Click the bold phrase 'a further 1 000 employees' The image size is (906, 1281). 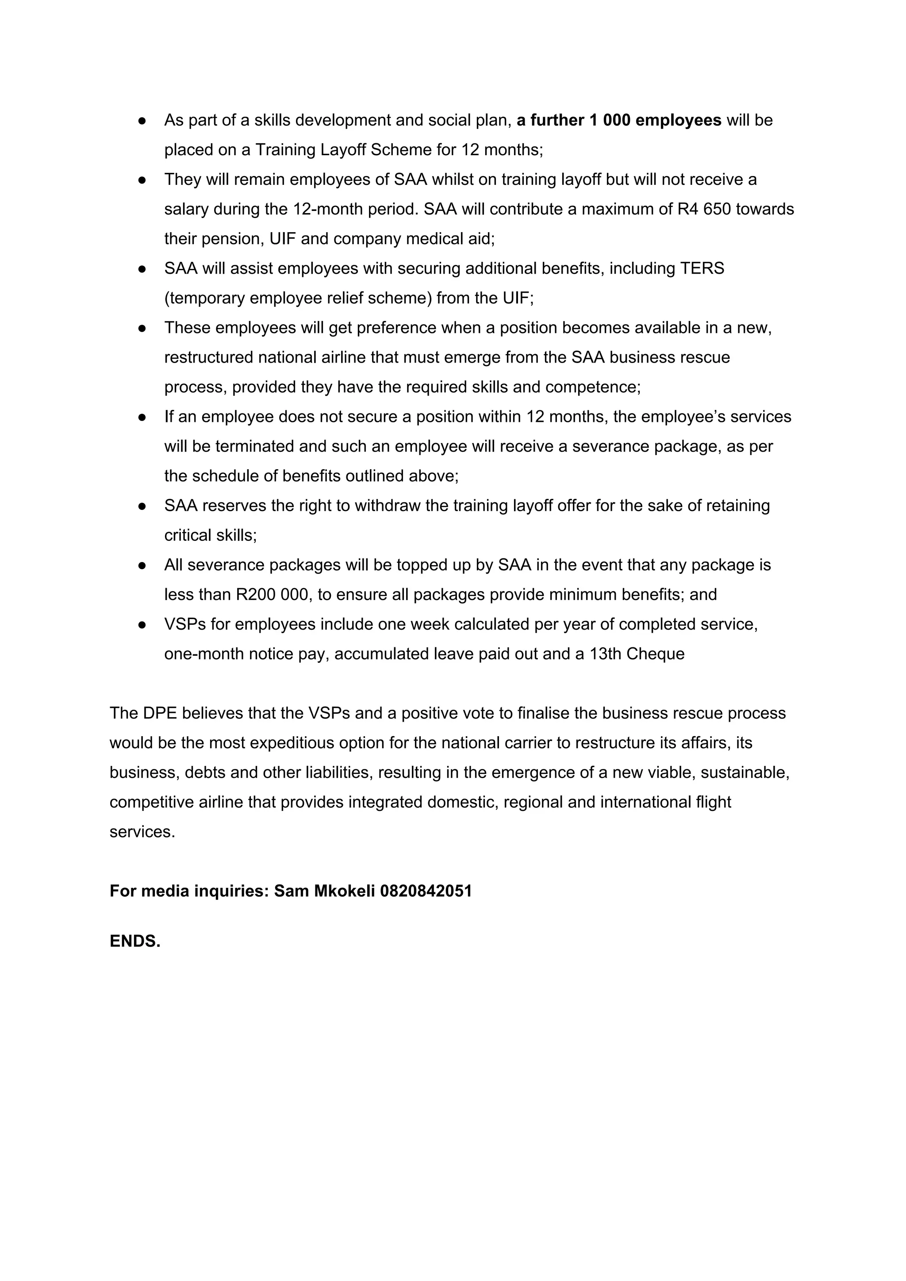(618, 121)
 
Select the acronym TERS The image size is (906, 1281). (702, 268)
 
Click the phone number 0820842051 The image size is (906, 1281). (426, 891)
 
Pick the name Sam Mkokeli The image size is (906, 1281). (324, 891)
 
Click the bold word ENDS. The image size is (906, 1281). (134, 942)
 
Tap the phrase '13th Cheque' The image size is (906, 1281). (637, 654)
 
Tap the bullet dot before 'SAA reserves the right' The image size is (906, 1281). (142, 506)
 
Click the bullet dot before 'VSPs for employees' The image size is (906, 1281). (142, 624)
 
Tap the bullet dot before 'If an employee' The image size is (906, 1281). (142, 417)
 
